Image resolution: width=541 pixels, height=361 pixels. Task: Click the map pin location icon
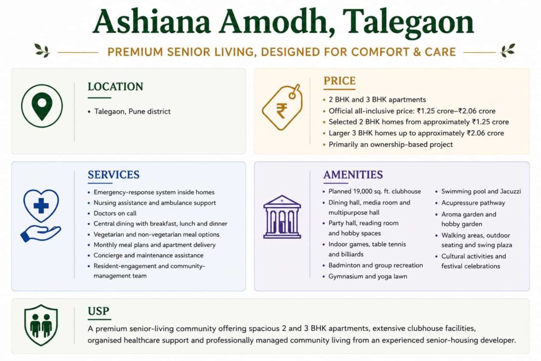pyautogui.click(x=42, y=106)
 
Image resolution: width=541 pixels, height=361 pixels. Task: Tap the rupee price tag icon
pyautogui.click(x=282, y=107)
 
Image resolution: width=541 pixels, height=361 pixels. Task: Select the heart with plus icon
pyautogui.click(x=41, y=205)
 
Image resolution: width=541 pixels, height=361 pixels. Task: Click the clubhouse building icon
pyautogui.click(x=282, y=217)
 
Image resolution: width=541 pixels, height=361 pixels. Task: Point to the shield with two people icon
pyautogui.click(x=41, y=325)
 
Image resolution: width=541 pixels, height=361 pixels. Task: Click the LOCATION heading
pyautogui.click(x=115, y=87)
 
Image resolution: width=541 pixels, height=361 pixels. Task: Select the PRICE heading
pyautogui.click(x=340, y=81)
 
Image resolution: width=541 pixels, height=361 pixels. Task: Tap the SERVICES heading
pyautogui.click(x=114, y=174)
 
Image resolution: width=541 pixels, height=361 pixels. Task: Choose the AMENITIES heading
pyautogui.click(x=353, y=174)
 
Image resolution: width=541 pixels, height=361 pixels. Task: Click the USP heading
pyautogui.click(x=98, y=311)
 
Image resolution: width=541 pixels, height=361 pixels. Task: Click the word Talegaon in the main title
pyautogui.click(x=408, y=22)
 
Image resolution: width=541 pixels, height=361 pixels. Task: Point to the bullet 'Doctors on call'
pyautogui.click(x=115, y=214)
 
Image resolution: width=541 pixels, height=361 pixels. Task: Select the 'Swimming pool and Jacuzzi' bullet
pyautogui.click(x=481, y=191)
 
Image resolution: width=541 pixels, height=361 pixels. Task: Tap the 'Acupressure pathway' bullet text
pyautogui.click(x=473, y=203)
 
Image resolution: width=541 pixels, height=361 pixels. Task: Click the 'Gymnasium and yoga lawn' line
pyautogui.click(x=368, y=276)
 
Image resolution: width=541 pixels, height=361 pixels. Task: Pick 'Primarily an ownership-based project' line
pyautogui.click(x=390, y=145)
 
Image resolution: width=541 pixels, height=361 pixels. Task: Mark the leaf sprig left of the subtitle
pyautogui.click(x=42, y=50)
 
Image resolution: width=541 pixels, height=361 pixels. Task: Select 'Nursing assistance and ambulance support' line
pyautogui.click(x=155, y=203)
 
